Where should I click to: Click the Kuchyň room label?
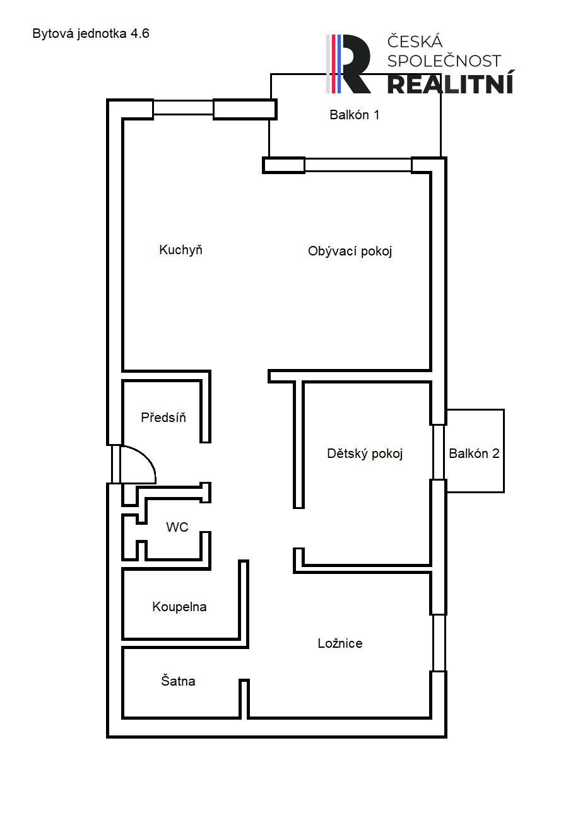pyautogui.click(x=180, y=250)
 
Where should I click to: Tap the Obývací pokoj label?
pyautogui.click(x=350, y=251)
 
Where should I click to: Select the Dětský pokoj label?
pyautogui.click(x=364, y=453)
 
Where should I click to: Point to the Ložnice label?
pyautogui.click(x=340, y=643)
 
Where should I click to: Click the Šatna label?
pyautogui.click(x=178, y=681)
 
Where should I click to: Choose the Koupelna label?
pyautogui.click(x=179, y=607)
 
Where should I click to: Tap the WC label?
pyautogui.click(x=177, y=527)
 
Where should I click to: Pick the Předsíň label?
pyautogui.click(x=163, y=417)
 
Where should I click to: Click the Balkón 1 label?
pyautogui.click(x=354, y=115)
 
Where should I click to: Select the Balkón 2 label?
pyautogui.click(x=474, y=453)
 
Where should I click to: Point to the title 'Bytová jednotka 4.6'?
pyautogui.click(x=91, y=33)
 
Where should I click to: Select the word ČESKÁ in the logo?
pyautogui.click(x=415, y=41)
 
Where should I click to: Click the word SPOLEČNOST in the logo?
pyautogui.click(x=444, y=61)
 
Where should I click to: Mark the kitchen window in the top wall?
pyautogui.click(x=183, y=108)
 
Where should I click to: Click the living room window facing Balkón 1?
pyautogui.click(x=358, y=165)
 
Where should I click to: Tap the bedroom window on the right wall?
pyautogui.click(x=438, y=643)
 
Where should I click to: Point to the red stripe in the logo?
pyautogui.click(x=333, y=64)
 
